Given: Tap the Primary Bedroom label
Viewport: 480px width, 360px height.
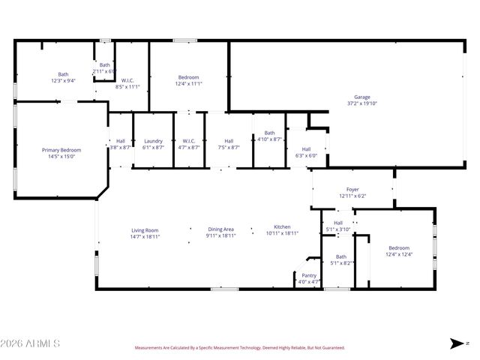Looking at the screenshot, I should click(61, 150).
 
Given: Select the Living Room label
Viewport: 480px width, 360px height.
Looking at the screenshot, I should click(145, 230).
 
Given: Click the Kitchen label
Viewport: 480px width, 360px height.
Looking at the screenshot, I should click(282, 226).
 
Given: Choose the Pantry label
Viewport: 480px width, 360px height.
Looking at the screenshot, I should click(309, 275).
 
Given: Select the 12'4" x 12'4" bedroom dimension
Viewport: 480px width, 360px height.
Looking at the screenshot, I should click(399, 254).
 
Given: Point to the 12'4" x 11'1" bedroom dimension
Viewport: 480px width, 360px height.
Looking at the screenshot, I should click(188, 84).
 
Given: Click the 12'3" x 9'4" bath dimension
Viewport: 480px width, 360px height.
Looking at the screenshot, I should click(63, 80).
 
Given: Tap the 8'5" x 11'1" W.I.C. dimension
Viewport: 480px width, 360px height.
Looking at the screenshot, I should click(127, 86).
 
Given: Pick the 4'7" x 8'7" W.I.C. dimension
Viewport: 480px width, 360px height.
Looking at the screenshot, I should click(189, 147).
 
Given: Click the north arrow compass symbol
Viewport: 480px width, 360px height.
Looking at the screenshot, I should click(457, 343).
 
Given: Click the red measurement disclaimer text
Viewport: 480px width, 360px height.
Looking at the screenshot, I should click(239, 348).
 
